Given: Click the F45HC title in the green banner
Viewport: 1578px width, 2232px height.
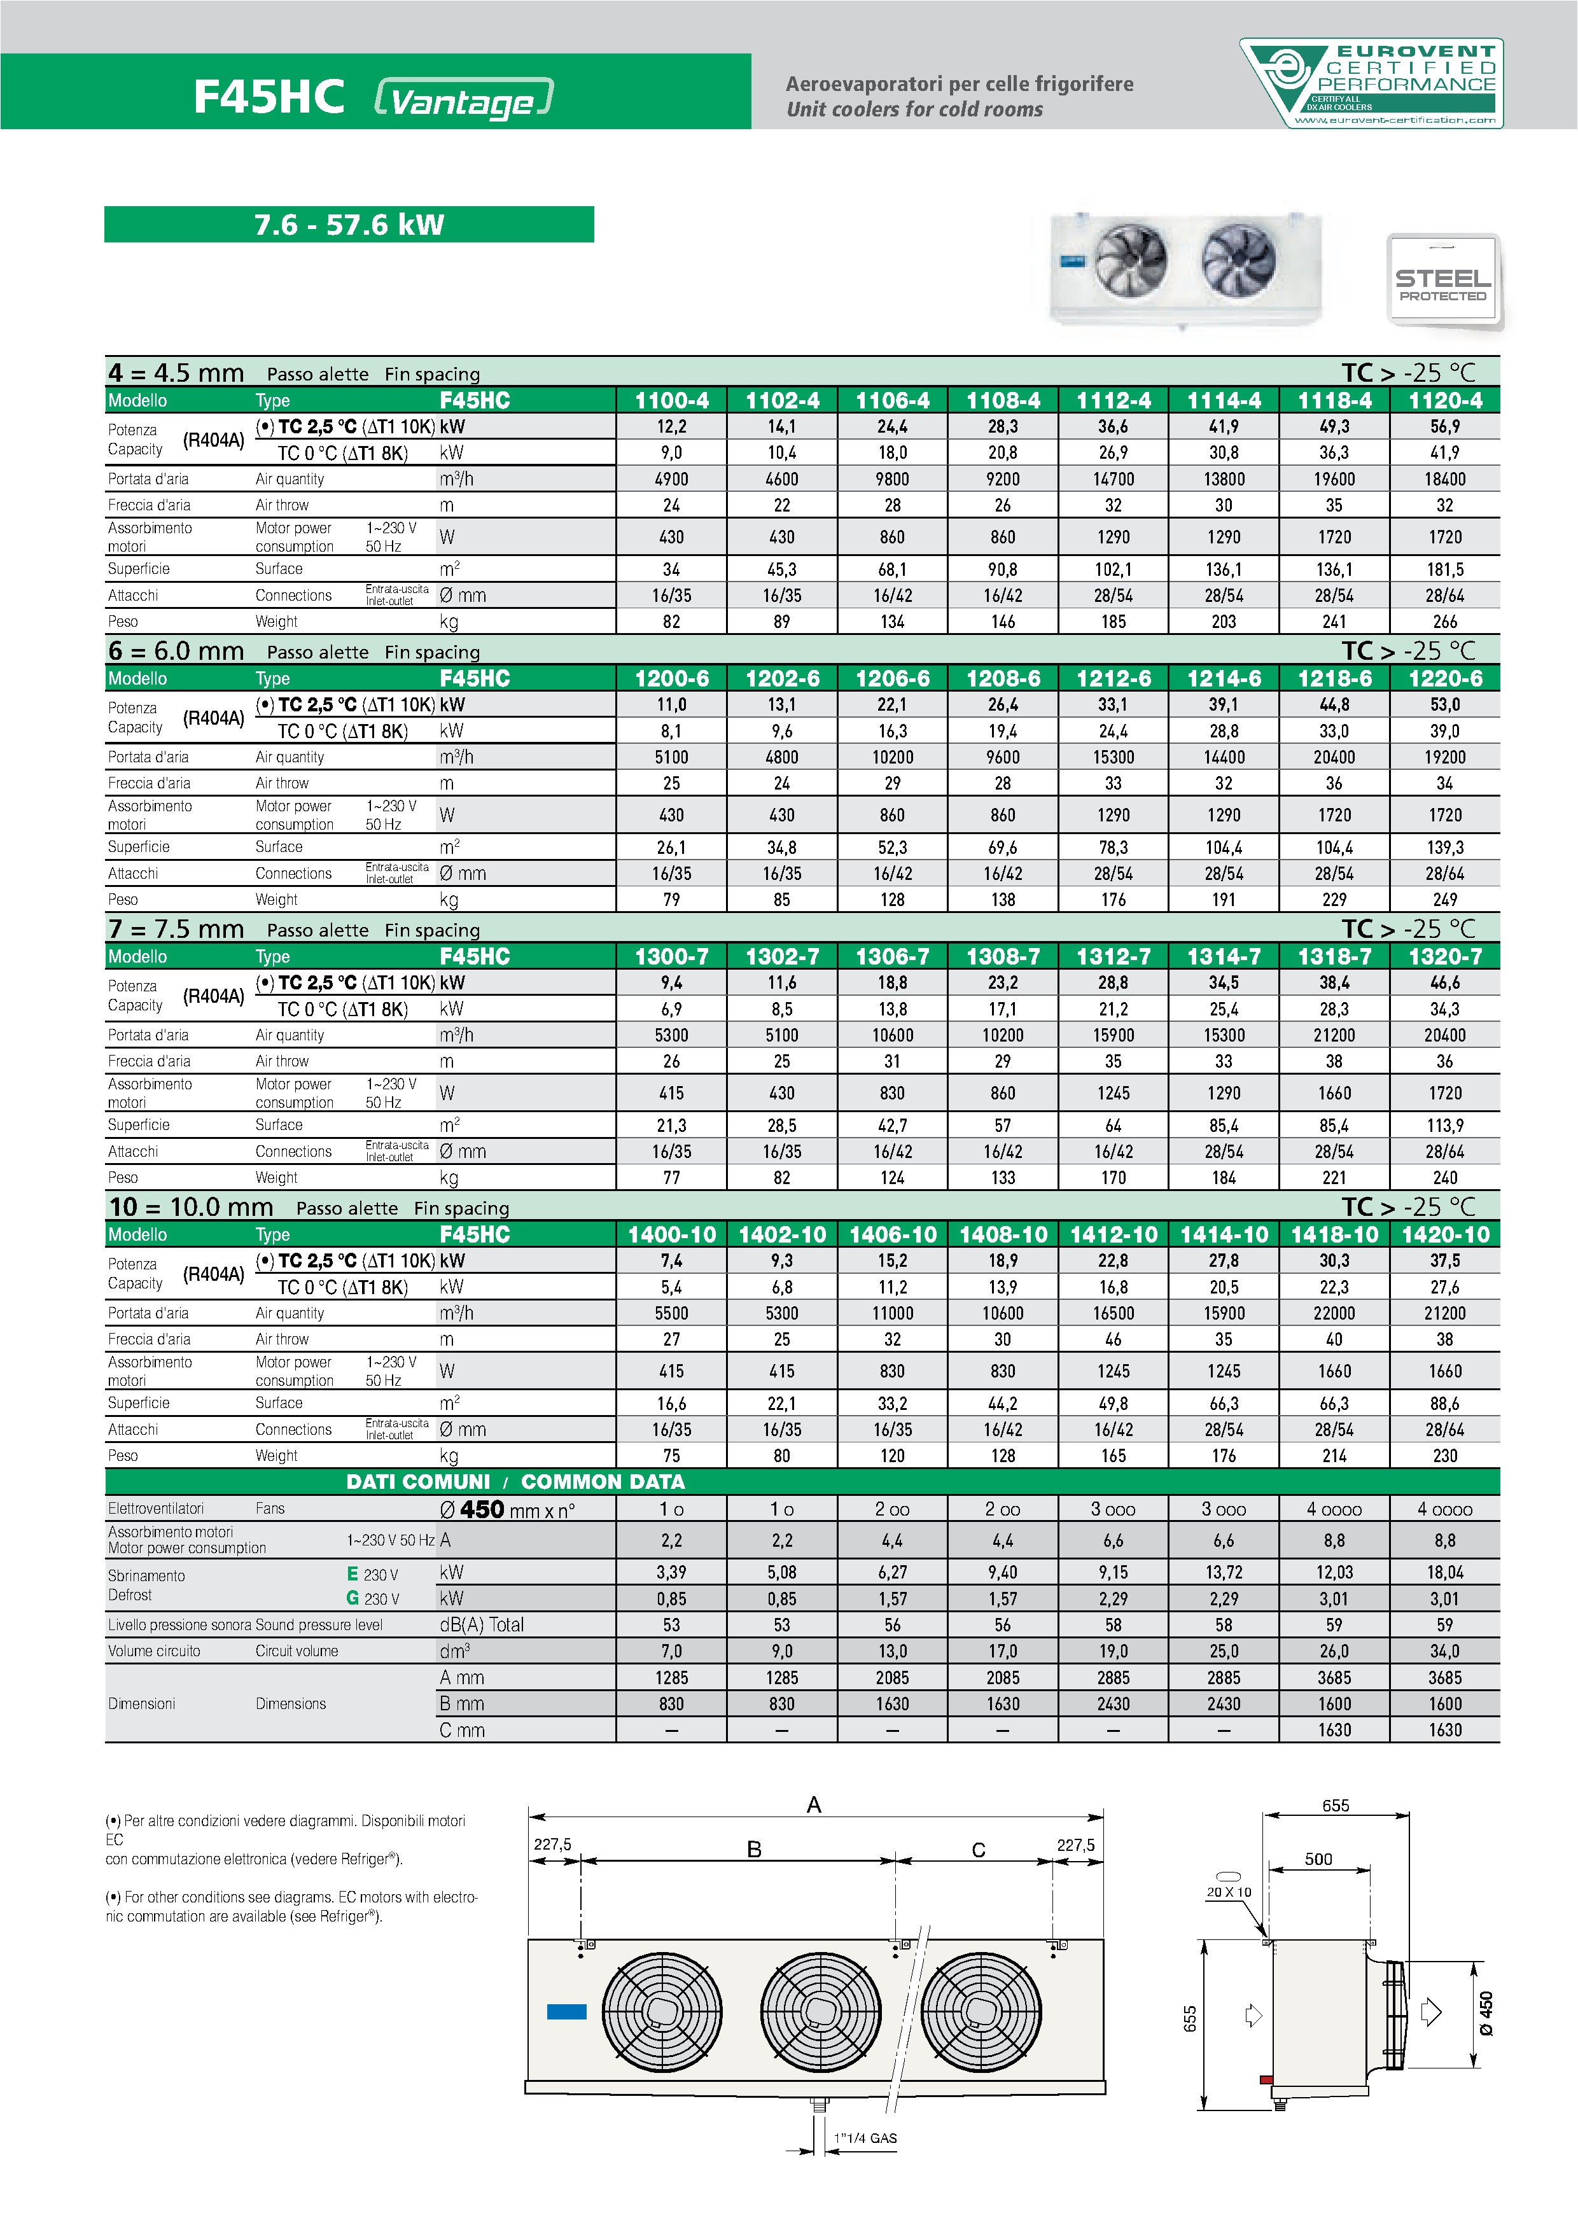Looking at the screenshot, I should [269, 96].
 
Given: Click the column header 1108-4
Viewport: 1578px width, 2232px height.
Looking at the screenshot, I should [1002, 400].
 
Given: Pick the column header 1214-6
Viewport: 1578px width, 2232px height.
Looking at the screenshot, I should [1223, 678].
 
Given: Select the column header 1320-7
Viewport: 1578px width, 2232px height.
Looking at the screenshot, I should [1445, 956].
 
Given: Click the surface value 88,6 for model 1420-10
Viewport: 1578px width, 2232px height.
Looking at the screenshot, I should [1445, 1404].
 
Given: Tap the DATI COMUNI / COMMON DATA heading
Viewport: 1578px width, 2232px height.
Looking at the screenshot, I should [515, 1481].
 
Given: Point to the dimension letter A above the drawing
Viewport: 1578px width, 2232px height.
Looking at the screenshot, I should [814, 1804].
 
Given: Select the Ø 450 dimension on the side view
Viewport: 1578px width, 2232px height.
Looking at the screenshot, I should [1484, 2013].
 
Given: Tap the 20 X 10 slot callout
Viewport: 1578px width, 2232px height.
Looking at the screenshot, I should [1229, 1892].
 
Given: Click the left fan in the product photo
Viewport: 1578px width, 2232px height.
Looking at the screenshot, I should [1130, 260].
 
